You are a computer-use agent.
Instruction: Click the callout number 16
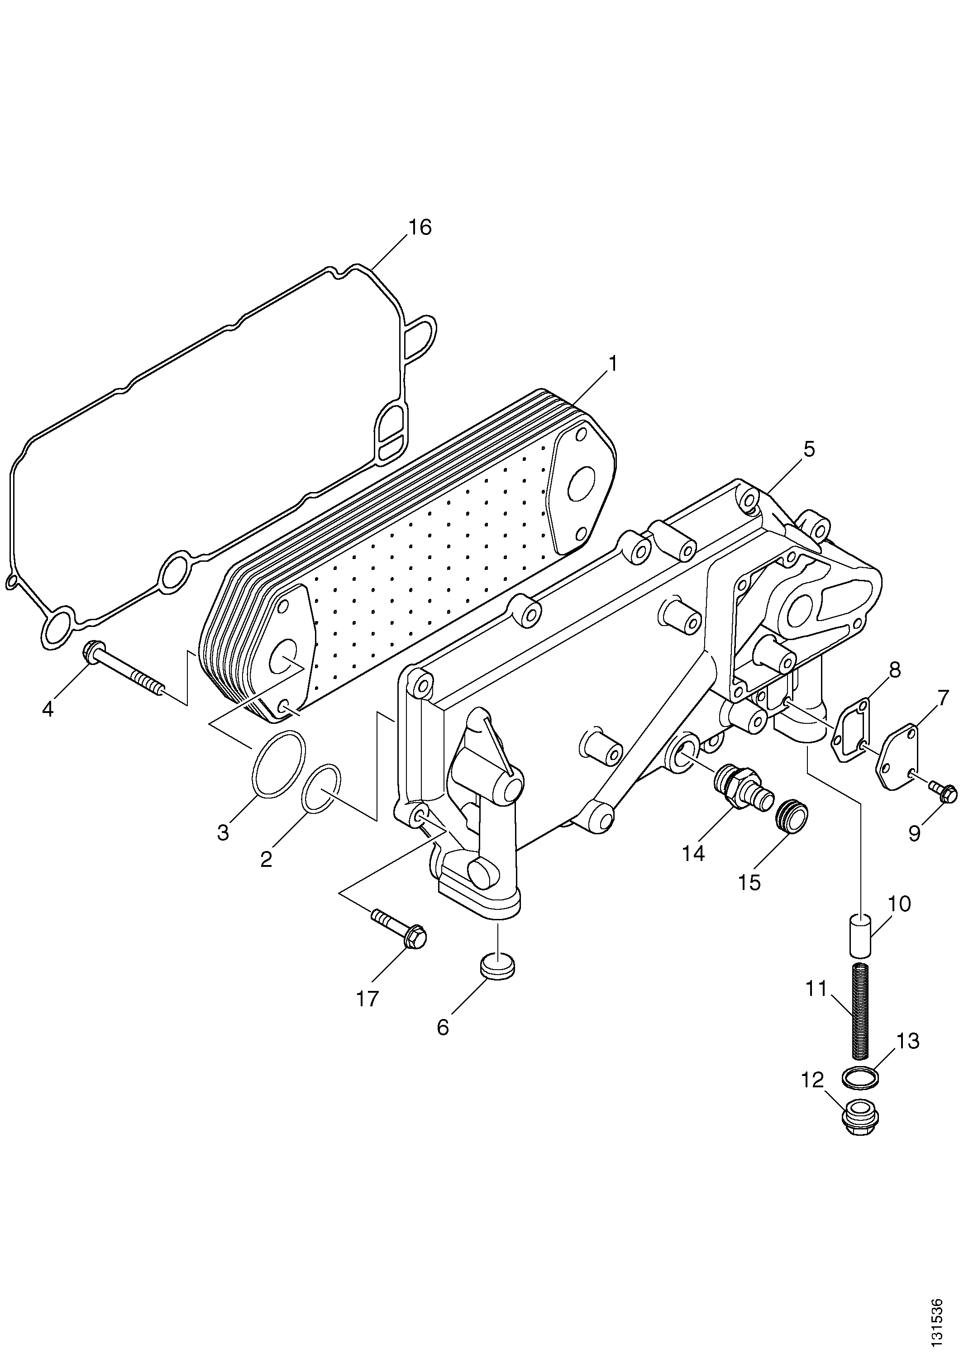pos(419,227)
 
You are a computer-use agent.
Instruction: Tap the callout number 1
pos(612,363)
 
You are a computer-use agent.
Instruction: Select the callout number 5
pos(808,450)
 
